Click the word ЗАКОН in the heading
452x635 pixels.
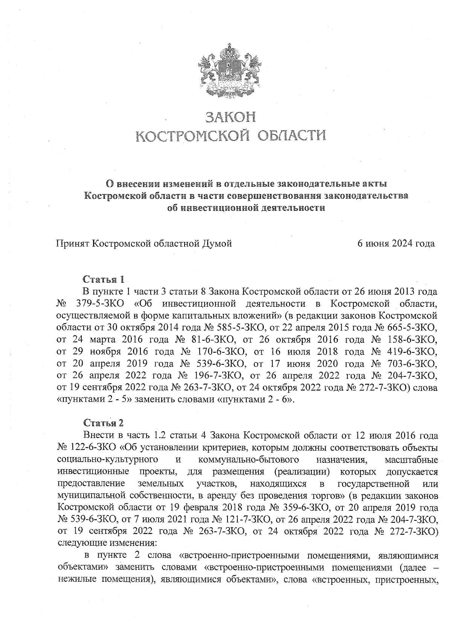230,117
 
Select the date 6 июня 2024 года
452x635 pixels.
396,243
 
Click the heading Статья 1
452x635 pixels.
103,280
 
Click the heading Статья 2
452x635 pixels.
103,422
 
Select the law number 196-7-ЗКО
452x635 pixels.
221,376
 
